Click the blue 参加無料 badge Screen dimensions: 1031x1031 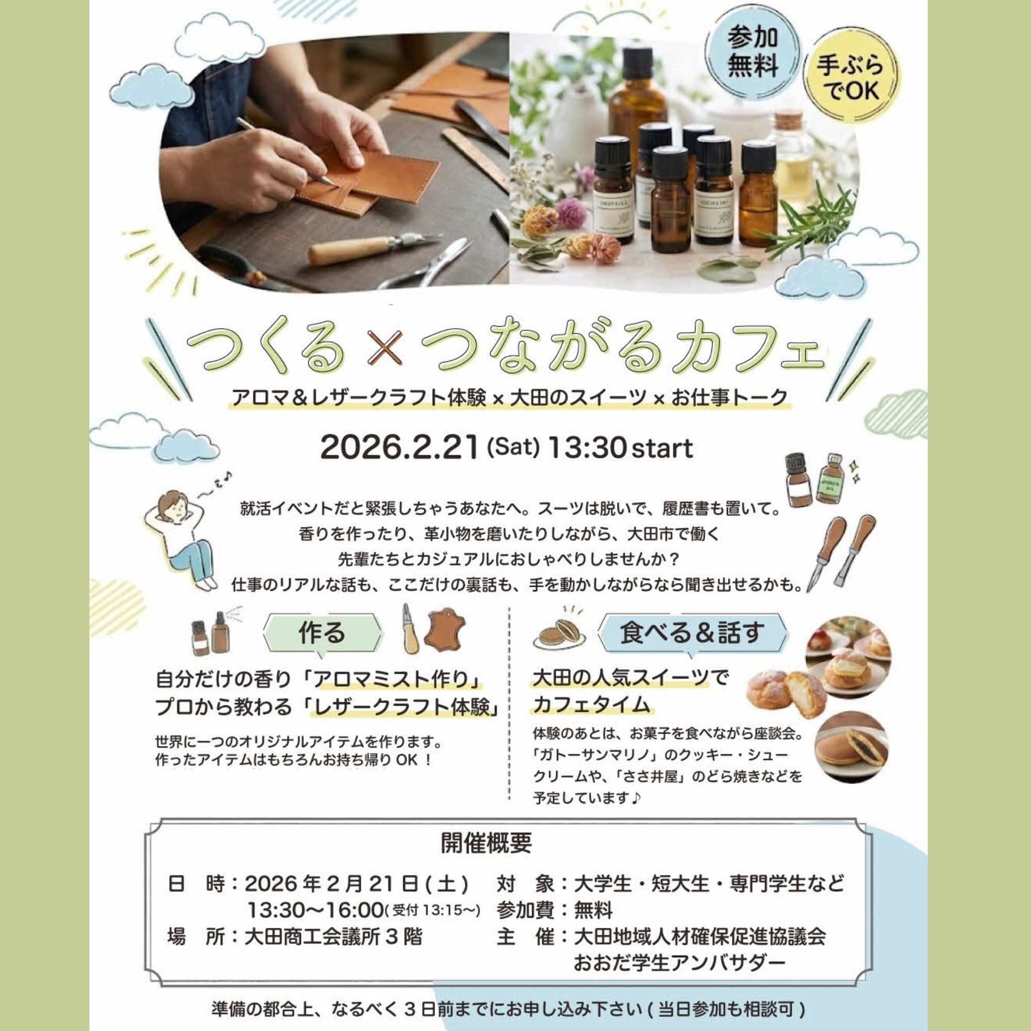753,53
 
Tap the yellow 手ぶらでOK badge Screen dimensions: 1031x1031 851,78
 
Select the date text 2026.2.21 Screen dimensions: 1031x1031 398,447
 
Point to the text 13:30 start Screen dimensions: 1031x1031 620,447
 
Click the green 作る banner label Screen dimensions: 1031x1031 322,634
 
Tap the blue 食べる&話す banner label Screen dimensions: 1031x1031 692,633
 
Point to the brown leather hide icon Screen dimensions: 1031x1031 444,631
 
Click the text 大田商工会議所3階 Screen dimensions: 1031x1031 333,937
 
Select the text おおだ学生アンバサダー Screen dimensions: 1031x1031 679,963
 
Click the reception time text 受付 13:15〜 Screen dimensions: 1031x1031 433,910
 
